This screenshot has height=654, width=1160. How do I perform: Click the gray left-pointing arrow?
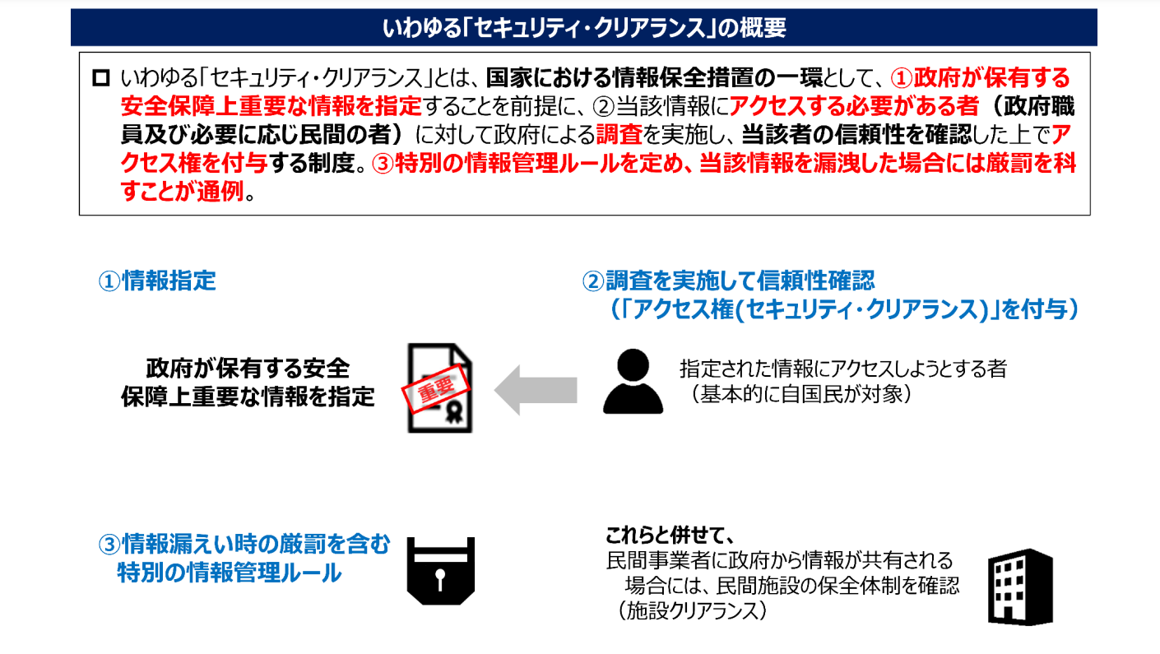click(536, 390)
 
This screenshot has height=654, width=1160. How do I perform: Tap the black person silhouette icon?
click(633, 382)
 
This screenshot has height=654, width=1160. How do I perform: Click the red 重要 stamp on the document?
click(436, 388)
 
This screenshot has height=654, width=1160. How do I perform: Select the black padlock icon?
click(441, 571)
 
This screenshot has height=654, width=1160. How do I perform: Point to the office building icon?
click(1020, 587)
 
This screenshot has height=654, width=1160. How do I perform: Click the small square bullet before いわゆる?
click(101, 78)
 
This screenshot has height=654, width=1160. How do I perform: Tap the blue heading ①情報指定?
click(157, 281)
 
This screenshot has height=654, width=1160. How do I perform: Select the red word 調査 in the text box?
click(619, 135)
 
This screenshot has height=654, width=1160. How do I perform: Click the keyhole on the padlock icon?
click(440, 579)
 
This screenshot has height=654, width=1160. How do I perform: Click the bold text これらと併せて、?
click(670, 535)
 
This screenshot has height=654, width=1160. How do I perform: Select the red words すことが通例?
click(183, 192)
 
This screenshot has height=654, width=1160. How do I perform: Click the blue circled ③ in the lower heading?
click(109, 545)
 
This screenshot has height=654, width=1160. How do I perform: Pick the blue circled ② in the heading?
click(593, 281)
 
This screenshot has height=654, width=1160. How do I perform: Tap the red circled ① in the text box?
click(901, 78)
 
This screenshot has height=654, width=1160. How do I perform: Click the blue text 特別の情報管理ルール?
click(229, 573)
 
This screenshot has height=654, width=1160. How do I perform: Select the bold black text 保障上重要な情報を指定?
click(248, 397)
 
